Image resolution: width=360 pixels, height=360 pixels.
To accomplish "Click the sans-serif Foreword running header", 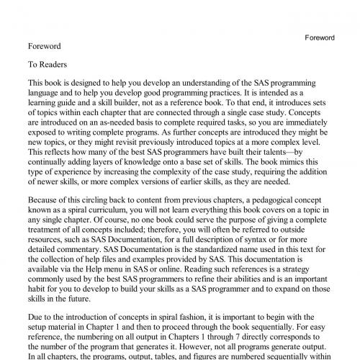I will coord(320,37).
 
